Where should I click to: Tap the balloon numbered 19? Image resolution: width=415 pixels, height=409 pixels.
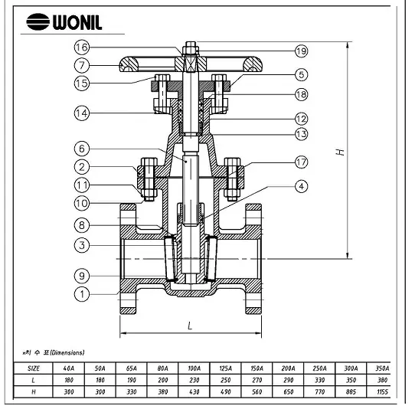(301, 51)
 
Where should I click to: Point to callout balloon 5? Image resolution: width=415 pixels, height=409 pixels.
(301, 75)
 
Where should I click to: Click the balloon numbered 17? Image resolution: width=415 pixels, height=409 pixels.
(301, 162)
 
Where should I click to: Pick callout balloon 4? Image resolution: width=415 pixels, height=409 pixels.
(301, 185)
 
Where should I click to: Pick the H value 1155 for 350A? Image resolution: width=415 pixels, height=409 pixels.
(383, 391)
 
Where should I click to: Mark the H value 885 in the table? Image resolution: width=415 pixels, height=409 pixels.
(350, 391)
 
